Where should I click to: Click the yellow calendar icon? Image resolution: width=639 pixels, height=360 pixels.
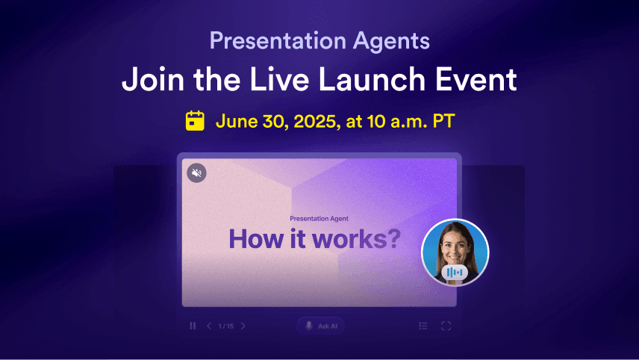coord(195,121)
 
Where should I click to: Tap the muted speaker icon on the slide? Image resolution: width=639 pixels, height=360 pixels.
coord(196,173)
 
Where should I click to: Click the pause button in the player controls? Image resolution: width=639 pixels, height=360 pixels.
coord(193,326)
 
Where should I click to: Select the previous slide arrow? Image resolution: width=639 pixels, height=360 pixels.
coord(209,326)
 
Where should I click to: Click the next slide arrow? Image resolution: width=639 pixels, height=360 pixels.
coord(243,326)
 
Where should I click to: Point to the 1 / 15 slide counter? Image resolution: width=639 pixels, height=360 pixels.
coord(225,326)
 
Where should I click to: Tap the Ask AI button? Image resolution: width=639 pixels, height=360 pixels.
coord(321,326)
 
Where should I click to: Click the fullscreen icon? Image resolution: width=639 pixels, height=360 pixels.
coord(446,326)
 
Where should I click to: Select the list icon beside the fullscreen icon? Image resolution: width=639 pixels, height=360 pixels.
coord(423,326)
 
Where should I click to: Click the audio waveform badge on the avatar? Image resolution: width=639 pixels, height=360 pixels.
coord(455,273)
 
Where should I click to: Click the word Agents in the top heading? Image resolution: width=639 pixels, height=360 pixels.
coord(391,41)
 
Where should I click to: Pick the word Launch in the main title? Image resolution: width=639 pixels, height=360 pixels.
coord(372,79)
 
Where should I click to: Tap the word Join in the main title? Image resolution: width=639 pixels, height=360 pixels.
coord(153,79)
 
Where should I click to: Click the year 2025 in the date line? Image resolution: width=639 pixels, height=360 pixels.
coord(314,122)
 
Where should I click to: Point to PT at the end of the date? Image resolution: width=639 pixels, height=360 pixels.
coord(444,122)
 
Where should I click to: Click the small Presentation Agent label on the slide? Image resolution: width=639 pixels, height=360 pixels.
coord(319,219)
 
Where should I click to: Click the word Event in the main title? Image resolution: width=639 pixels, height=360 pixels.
coord(476,79)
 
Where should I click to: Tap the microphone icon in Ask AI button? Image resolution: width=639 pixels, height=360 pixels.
coord(309,326)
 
